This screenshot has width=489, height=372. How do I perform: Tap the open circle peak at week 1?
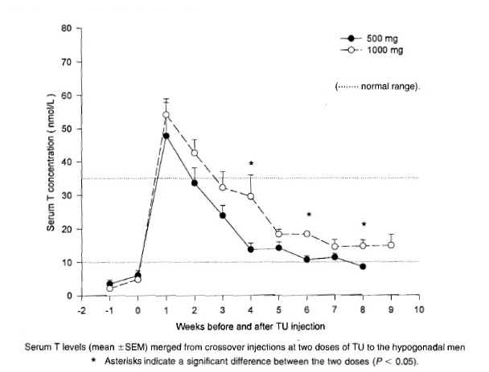[166, 114]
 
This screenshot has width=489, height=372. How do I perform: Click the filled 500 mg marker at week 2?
[195, 183]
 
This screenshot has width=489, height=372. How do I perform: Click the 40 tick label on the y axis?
[65, 162]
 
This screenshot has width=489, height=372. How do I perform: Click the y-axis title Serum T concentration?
[51, 162]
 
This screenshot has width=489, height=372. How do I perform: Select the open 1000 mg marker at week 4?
[251, 196]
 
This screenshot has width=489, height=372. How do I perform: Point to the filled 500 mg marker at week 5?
[279, 247]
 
